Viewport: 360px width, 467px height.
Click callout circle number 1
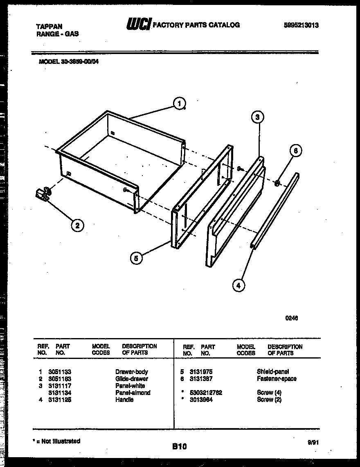[x=179, y=104]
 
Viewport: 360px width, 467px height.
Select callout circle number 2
[x=77, y=225]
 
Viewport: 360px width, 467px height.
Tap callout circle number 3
[x=257, y=117]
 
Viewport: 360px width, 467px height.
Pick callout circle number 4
[x=239, y=285]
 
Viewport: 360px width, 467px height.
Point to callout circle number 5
[x=136, y=258]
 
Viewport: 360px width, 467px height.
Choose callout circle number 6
[x=295, y=151]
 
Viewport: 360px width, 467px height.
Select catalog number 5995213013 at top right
[x=301, y=25]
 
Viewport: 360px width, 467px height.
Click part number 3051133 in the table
[x=60, y=372]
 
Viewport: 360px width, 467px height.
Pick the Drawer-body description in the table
[x=131, y=372]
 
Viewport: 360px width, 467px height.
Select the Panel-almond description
[x=133, y=393]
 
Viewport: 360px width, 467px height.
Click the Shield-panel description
[x=273, y=372]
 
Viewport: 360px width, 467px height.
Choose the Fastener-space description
[x=277, y=379]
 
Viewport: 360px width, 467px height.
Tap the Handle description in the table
[x=124, y=399]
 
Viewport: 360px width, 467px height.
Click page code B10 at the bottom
[x=179, y=447]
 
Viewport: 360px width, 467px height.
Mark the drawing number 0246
[x=291, y=317]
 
